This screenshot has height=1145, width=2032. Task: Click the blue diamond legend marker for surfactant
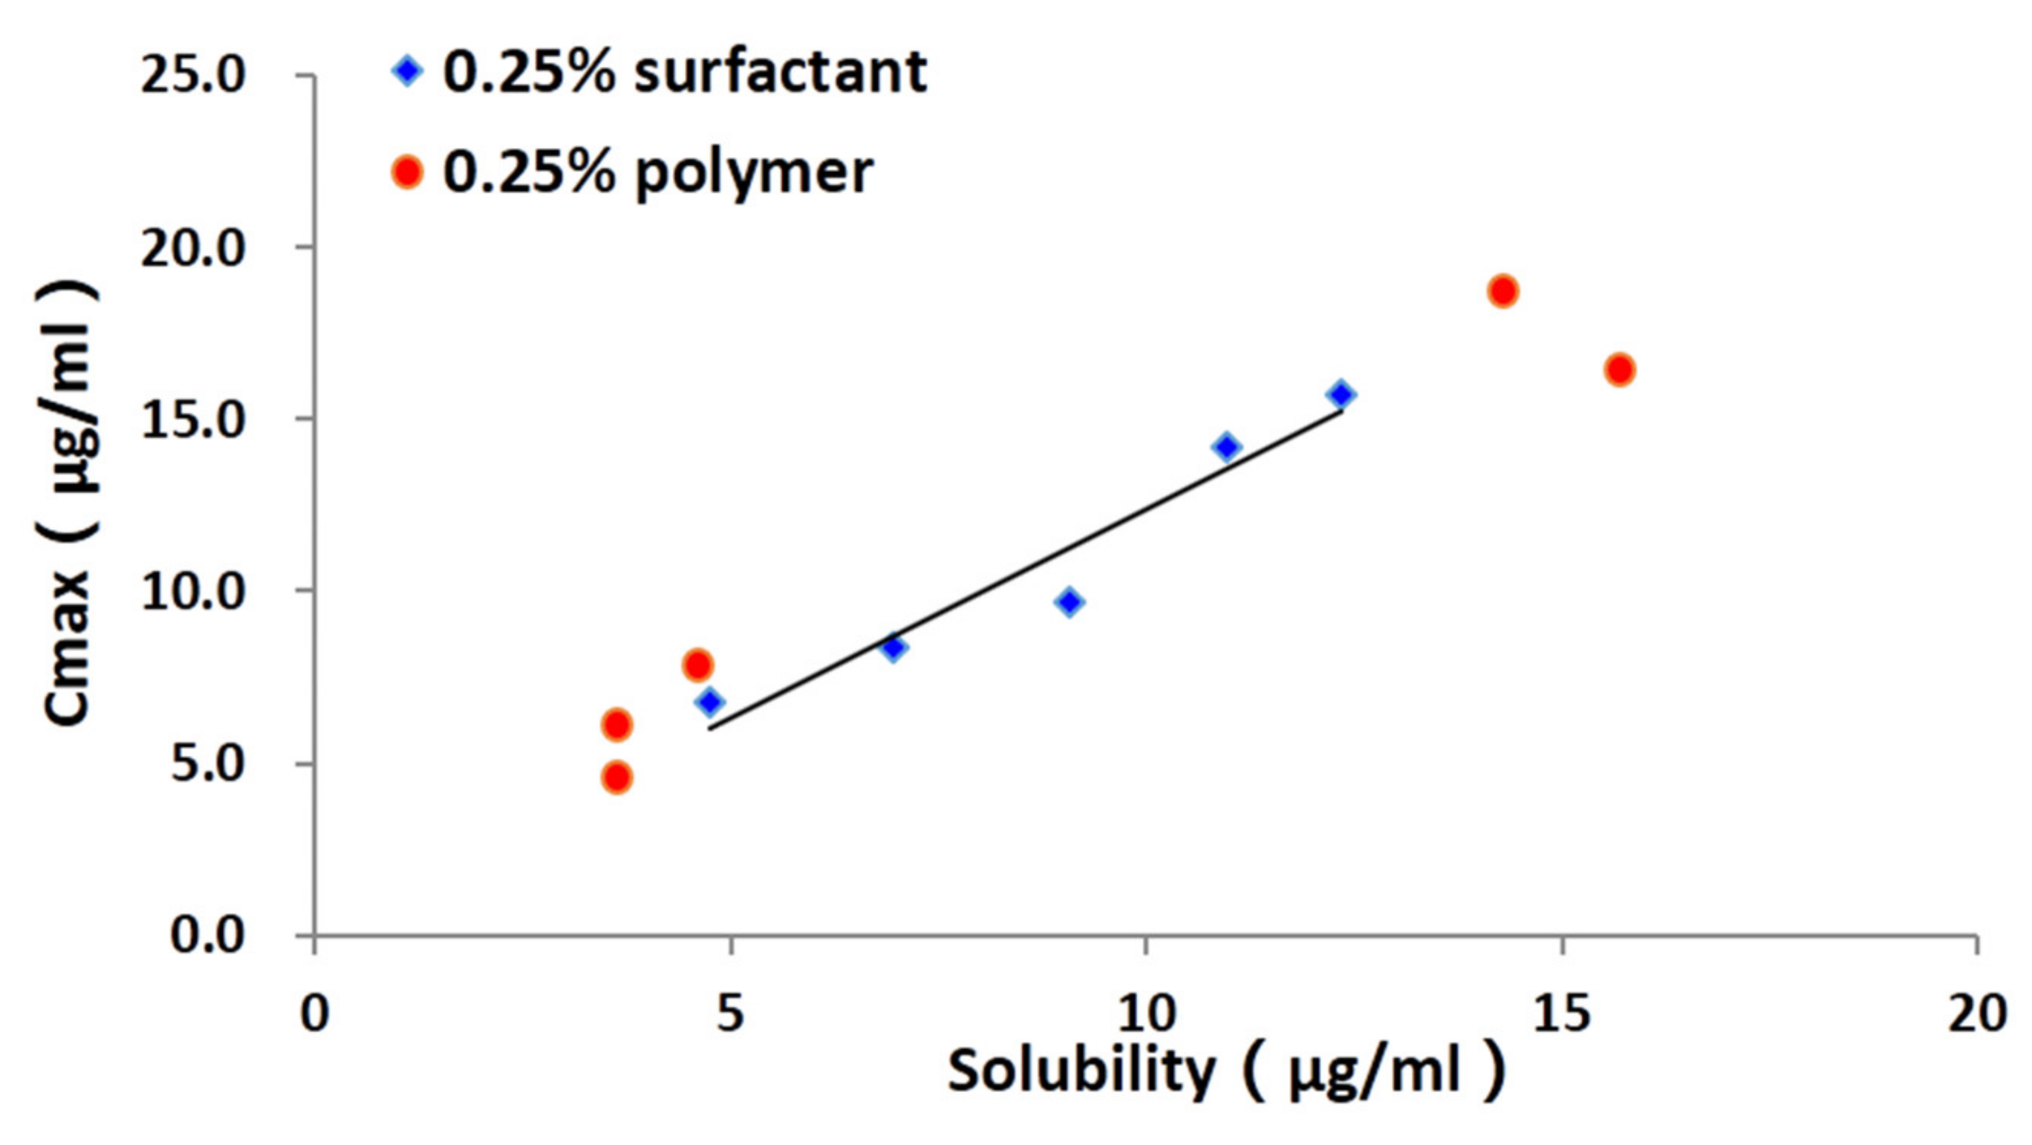tap(407, 73)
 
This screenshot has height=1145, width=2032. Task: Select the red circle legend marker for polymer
tap(407, 172)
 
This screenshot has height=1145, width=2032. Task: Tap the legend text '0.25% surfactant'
tap(684, 73)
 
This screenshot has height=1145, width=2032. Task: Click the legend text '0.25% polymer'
tap(657, 172)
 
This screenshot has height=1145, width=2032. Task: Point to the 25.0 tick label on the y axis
tap(194, 77)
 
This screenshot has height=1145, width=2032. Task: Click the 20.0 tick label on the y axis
tap(194, 249)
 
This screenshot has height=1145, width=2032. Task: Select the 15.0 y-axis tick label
tap(194, 421)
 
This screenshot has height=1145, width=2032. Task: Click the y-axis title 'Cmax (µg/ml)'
tap(70, 505)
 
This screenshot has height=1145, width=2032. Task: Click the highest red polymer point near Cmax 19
tap(1503, 291)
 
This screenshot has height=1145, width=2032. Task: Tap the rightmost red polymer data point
tap(1620, 370)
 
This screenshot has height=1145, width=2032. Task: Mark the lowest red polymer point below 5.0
tap(617, 778)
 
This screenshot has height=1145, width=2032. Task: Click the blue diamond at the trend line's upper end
tap(1341, 393)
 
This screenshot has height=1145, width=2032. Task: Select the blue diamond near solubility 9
tap(1070, 602)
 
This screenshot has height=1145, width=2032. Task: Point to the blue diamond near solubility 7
tap(893, 648)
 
